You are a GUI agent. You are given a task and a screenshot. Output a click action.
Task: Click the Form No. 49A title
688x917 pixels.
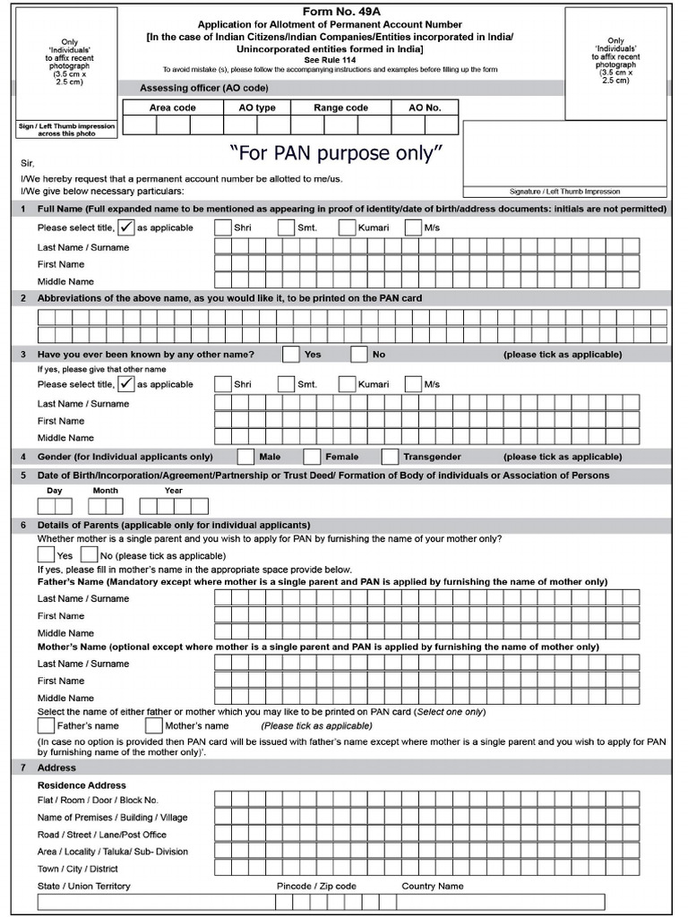344,11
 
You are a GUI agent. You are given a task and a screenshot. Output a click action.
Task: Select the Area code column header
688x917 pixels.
172,107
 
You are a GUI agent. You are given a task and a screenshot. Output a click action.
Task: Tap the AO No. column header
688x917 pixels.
425,107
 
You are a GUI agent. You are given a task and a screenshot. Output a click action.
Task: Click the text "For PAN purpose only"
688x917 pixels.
336,153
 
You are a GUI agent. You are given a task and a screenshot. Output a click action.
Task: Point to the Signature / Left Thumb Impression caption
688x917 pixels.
564,192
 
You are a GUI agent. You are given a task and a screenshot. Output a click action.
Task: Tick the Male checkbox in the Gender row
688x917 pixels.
245,457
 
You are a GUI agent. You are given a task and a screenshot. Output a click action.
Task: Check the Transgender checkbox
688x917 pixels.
390,457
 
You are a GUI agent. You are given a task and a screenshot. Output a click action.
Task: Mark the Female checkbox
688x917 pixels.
312,457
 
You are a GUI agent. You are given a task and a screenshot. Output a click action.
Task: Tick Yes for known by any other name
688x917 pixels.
290,355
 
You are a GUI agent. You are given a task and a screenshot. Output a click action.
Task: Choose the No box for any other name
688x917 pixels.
359,355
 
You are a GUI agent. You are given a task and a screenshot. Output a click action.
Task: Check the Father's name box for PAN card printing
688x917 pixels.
46,725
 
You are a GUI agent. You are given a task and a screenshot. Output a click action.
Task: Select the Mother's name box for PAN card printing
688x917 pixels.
153,725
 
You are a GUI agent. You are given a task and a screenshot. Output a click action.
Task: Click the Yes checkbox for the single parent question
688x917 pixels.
46,555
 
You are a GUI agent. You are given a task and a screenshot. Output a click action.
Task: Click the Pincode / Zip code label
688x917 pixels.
316,886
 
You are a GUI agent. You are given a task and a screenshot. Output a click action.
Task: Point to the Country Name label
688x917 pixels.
433,886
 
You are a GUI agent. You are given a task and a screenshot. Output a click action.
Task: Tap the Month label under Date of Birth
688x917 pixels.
105,491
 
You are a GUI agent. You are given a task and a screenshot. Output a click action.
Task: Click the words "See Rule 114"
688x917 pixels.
343,59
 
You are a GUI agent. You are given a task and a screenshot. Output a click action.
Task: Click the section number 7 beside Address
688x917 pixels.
23,767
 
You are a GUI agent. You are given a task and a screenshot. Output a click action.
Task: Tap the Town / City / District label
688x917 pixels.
78,869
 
